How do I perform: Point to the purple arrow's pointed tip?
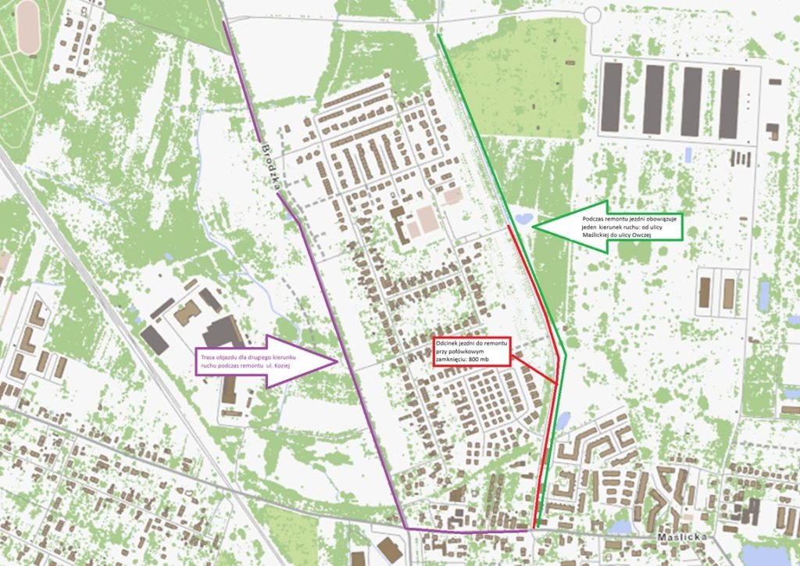335,361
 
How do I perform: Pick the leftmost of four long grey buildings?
612,98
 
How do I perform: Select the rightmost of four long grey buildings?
729,102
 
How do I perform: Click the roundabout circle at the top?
591,14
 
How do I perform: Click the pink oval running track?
28,27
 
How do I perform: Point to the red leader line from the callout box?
533,370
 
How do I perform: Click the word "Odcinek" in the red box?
448,344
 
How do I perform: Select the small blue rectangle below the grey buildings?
687,155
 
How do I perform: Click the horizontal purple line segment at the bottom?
469,531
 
